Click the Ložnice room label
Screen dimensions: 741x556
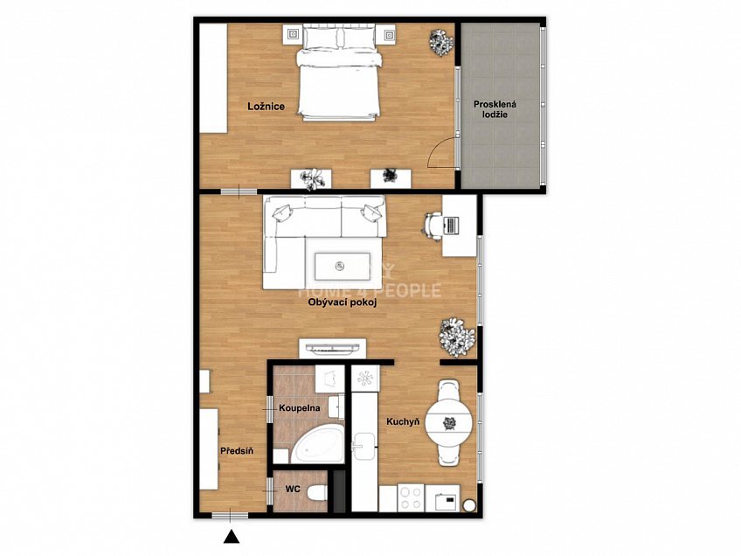(266, 107)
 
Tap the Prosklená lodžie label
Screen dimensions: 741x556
(495, 109)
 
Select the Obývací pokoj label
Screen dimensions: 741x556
(343, 303)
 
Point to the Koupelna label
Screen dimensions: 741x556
(299, 408)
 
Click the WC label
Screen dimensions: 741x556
(293, 490)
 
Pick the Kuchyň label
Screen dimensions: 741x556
(403, 421)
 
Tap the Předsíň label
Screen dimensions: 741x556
(237, 450)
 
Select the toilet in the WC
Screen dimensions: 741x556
(316, 493)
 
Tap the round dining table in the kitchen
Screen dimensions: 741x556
(449, 421)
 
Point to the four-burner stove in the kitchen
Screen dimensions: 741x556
(410, 497)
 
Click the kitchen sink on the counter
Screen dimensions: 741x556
(364, 446)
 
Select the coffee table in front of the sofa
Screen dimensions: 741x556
(344, 266)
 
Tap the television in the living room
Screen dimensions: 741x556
(333, 349)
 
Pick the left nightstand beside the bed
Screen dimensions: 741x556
(293, 34)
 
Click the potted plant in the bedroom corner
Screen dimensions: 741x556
(441, 43)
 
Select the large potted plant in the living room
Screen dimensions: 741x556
(456, 337)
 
